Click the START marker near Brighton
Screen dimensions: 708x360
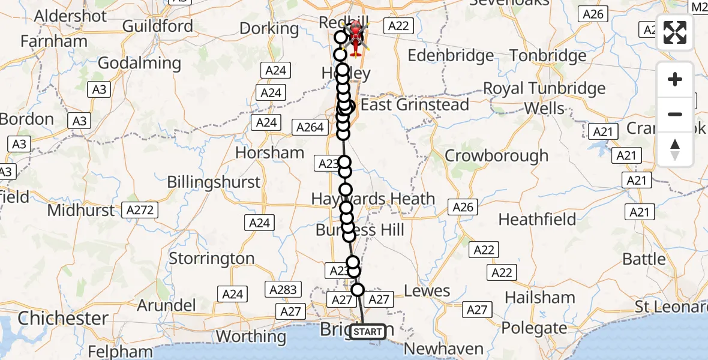[367, 331]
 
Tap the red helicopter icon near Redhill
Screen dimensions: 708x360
[356, 40]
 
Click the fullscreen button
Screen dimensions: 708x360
[675, 32]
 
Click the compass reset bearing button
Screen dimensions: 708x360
[675, 149]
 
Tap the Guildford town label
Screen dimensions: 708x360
[158, 26]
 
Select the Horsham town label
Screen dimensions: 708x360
[269, 152]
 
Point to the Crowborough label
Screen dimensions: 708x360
[496, 155]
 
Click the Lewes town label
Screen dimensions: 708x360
[427, 291]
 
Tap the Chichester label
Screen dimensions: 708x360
[62, 318]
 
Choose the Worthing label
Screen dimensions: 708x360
[251, 336]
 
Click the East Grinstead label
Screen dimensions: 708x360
[415, 105]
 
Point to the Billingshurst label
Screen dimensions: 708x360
[214, 182]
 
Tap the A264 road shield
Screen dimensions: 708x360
[310, 127]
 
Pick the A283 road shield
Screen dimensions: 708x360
[283, 290]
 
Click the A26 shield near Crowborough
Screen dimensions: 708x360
[463, 208]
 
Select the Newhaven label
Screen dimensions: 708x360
[444, 349]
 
